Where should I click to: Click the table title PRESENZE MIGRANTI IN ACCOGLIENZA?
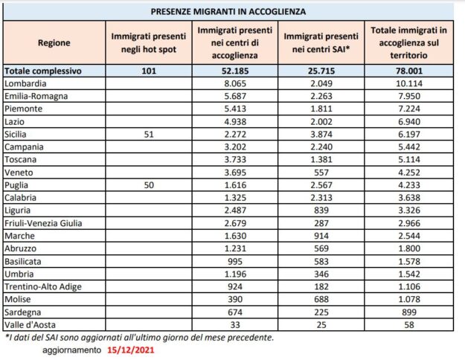232,12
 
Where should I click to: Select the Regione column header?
54,43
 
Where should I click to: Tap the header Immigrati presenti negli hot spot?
146,43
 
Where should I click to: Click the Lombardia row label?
25,83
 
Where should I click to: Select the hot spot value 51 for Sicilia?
147,134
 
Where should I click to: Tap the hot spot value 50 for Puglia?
147,184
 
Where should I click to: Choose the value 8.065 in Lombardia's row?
236,83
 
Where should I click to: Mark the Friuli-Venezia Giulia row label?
44,222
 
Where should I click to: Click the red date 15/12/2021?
132,350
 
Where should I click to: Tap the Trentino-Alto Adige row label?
41,286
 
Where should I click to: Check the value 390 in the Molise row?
236,299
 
